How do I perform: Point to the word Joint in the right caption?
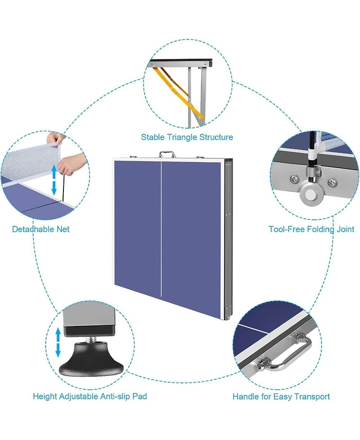pyautogui.click(x=346, y=229)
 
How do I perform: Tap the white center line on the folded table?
pyautogui.click(x=162, y=229)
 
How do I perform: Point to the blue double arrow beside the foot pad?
pyautogui.click(x=58, y=342)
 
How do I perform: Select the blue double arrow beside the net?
pyautogui.click(x=54, y=180)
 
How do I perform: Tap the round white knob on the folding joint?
pyautogui.click(x=310, y=194)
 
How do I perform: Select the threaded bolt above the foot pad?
pyautogui.click(x=93, y=340)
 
